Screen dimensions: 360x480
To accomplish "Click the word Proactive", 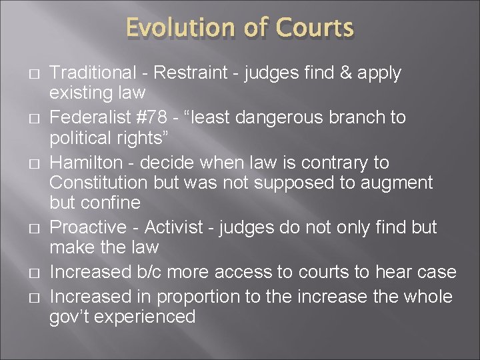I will coord(89,227).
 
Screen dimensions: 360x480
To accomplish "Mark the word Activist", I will coord(173,227).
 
